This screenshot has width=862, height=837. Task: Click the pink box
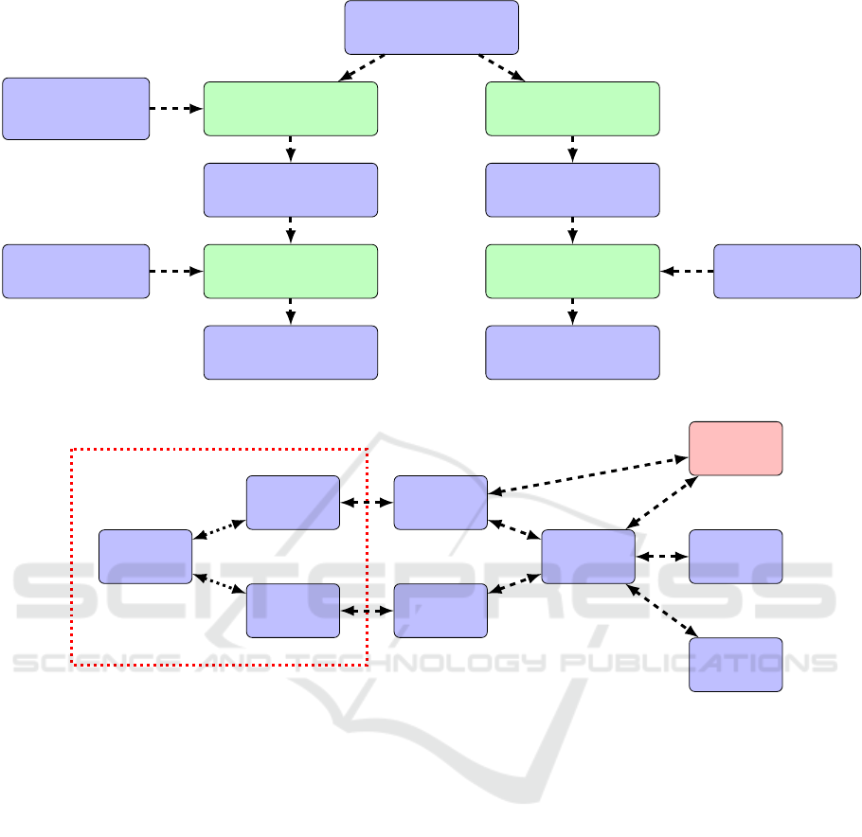[x=735, y=448]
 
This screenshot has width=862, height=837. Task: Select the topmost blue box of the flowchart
[x=431, y=27]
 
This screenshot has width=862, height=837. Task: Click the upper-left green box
[x=290, y=108]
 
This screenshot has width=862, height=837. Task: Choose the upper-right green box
[x=572, y=108]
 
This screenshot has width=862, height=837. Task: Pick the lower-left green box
[x=290, y=272]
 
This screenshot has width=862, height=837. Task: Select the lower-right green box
[x=572, y=272]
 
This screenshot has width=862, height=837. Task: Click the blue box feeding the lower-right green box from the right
[x=786, y=272]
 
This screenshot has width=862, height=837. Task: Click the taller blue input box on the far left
[x=76, y=109]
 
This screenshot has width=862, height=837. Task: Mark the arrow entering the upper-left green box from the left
[x=176, y=109]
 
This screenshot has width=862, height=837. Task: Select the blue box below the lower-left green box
[x=290, y=353]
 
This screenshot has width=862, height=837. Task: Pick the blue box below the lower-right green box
[x=572, y=353]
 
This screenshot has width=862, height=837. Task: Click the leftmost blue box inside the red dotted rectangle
[x=146, y=556]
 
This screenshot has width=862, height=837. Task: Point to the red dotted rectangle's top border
[x=218, y=449]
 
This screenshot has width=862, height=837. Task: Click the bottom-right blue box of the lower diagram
[x=735, y=665]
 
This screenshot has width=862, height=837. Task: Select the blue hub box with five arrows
[x=587, y=557]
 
